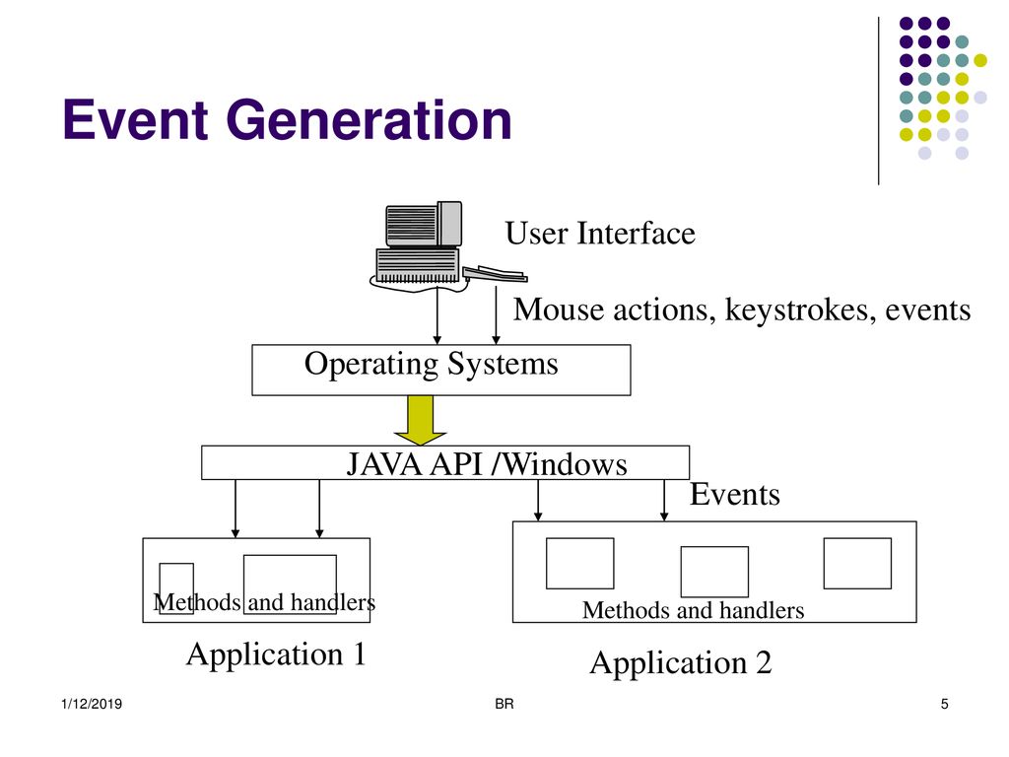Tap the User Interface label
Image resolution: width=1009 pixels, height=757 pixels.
pyautogui.click(x=600, y=233)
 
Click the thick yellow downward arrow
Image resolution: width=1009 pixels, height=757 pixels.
pyautogui.click(x=420, y=420)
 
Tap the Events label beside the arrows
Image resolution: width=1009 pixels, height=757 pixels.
pyautogui.click(x=735, y=495)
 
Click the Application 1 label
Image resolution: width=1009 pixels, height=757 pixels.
pyautogui.click(x=276, y=655)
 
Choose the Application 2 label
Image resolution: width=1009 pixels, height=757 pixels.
pyautogui.click(x=681, y=663)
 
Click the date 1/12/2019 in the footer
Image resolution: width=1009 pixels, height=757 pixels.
pyautogui.click(x=92, y=704)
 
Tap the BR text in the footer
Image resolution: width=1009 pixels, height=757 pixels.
pyautogui.click(x=504, y=704)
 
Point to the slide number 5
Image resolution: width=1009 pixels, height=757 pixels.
pyautogui.click(x=945, y=704)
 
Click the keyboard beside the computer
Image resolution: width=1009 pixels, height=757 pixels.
pyautogui.click(x=495, y=274)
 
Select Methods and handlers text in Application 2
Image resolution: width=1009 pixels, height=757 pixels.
pyautogui.click(x=693, y=610)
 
